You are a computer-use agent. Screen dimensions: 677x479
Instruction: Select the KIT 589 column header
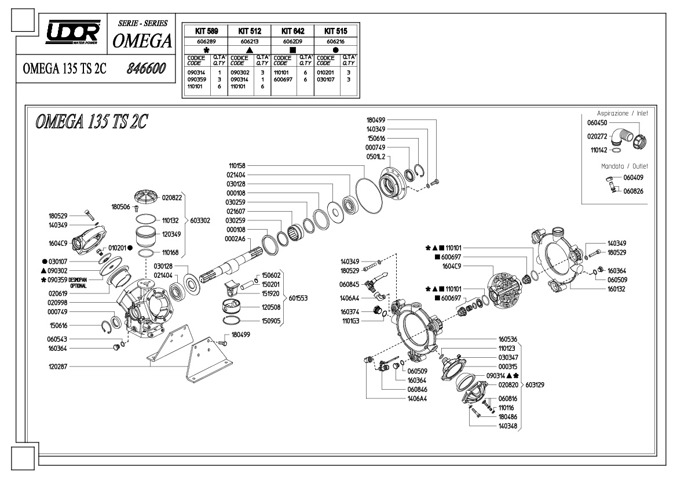point(206,31)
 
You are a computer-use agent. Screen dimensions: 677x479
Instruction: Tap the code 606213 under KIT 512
point(250,42)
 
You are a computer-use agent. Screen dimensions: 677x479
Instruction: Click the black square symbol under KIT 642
point(292,50)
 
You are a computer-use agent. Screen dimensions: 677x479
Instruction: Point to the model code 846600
point(147,68)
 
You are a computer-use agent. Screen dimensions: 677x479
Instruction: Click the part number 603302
point(200,220)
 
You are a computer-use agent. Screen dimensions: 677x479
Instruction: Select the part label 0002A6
point(235,239)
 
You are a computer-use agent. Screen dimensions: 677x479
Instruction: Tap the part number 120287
point(58,366)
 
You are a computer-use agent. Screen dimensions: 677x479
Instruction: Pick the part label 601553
point(298,298)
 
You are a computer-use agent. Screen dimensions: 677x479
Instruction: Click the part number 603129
point(535,384)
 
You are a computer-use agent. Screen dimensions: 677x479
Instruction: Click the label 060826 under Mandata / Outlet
point(633,191)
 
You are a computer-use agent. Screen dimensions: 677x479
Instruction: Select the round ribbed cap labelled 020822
point(147,197)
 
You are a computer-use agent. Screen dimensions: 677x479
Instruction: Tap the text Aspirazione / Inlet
point(622,113)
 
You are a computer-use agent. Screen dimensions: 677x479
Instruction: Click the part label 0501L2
point(376,157)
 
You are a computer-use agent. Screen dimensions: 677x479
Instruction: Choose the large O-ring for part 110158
point(369,196)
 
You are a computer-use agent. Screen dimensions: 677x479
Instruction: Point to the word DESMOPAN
point(78,280)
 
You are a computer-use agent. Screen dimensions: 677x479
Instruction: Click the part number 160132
point(617,289)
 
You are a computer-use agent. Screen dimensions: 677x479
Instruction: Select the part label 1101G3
point(350,321)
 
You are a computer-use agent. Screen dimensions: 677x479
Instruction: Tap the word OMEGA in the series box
point(142,41)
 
